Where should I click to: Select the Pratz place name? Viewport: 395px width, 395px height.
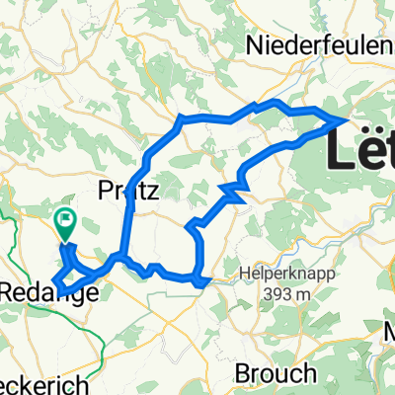pyautogui.click(x=129, y=191)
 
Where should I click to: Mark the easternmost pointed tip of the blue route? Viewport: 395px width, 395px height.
pyautogui.click(x=344, y=119)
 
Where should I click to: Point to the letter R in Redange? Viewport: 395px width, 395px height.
pyautogui.click(x=8, y=291)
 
